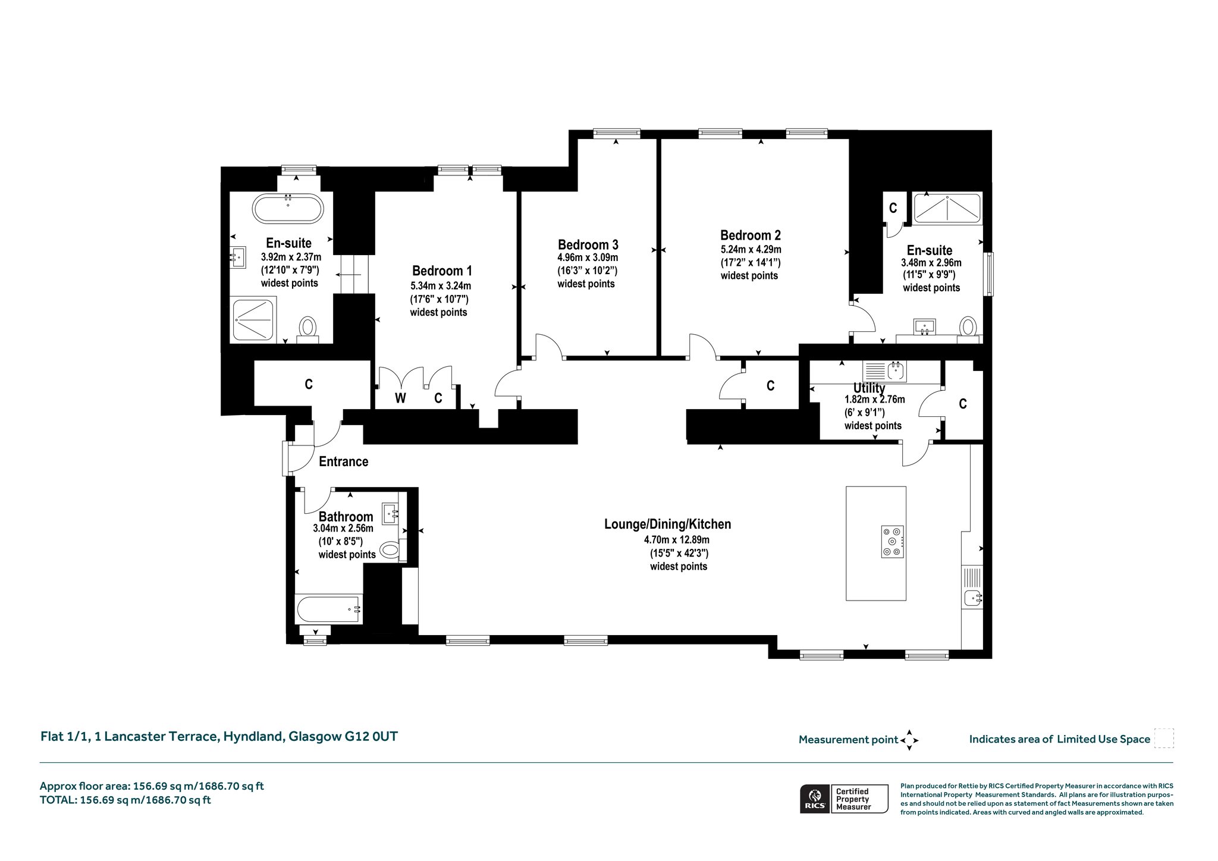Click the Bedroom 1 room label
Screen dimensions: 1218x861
point(442,271)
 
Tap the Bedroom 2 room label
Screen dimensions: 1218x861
point(751,235)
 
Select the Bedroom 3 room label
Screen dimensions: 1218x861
point(588,244)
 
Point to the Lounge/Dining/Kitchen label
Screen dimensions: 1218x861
point(667,524)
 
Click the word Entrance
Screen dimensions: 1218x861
point(344,461)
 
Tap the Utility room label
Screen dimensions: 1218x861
point(869,388)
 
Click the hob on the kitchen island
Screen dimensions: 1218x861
point(892,542)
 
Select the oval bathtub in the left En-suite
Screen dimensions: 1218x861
point(288,209)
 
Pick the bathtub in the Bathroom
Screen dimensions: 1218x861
point(329,609)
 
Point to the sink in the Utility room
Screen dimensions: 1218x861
point(896,371)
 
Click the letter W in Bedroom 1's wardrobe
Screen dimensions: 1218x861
point(400,398)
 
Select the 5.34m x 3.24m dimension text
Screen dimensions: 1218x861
point(440,286)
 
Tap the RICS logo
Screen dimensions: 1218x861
point(814,799)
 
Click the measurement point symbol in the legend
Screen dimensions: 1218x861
point(909,740)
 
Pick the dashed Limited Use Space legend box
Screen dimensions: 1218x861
point(1164,739)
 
